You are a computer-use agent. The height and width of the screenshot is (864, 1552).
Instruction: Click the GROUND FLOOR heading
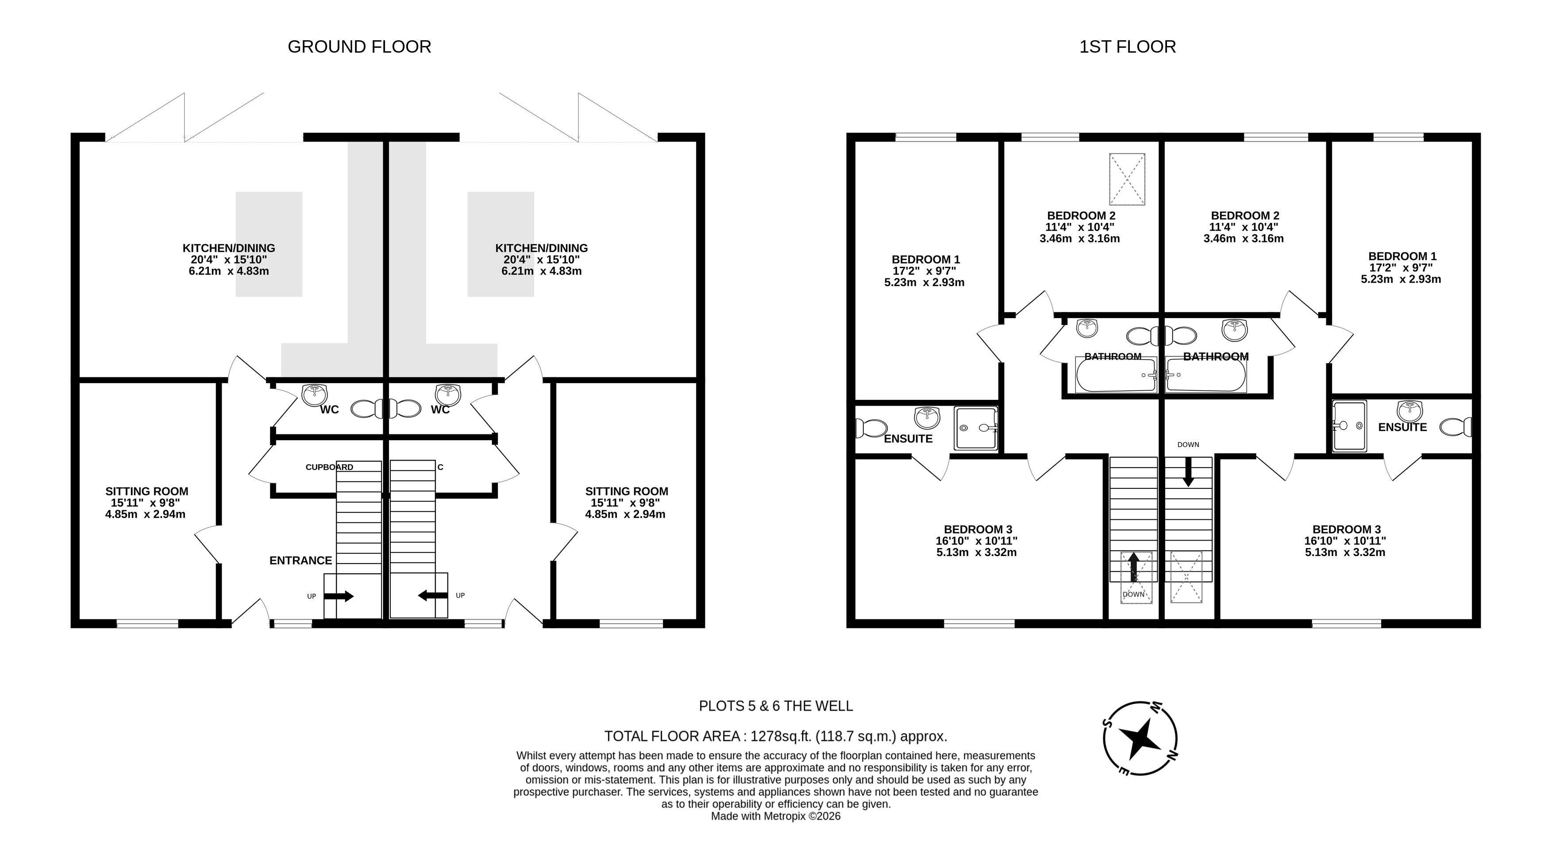tap(360, 47)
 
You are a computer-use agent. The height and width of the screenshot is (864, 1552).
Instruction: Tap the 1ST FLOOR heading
tap(1127, 47)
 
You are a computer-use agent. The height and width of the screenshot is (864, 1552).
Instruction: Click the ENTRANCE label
tap(300, 561)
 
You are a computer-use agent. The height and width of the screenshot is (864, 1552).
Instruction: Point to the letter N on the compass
tap(1172, 755)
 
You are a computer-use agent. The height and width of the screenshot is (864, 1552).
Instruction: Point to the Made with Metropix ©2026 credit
tap(776, 816)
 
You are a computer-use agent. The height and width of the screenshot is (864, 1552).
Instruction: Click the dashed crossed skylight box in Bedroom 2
tap(1127, 179)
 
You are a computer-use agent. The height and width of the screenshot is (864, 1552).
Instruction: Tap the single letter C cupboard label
tap(440, 467)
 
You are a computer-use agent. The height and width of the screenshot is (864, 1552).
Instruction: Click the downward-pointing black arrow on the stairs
tap(1188, 472)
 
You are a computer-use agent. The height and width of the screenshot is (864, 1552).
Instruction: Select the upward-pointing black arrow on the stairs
tap(1133, 567)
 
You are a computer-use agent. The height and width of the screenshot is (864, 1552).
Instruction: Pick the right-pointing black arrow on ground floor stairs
tap(339, 596)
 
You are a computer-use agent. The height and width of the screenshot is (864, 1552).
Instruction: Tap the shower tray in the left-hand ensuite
tap(976, 428)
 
